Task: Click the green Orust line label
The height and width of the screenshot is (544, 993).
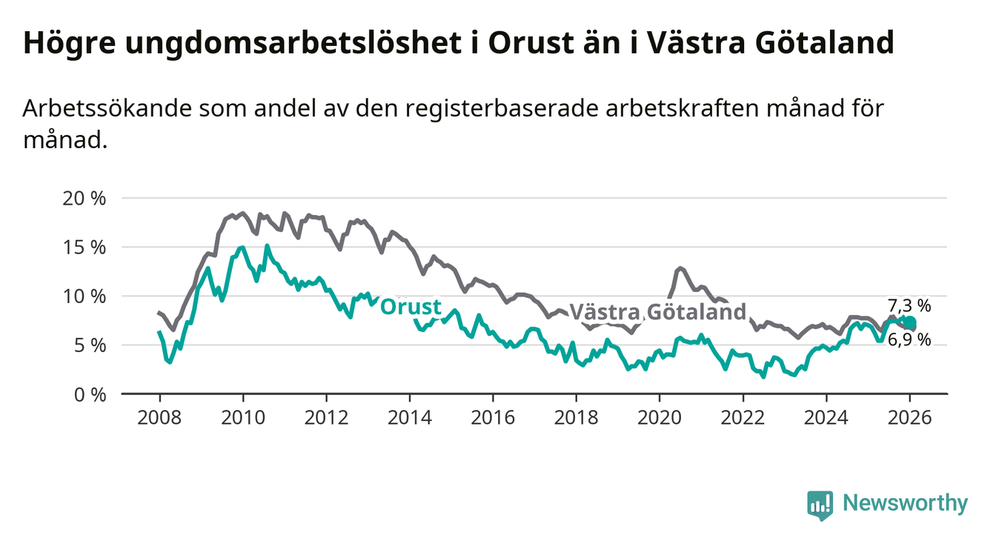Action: [x=411, y=307]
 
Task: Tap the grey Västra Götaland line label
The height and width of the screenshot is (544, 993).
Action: [x=657, y=312]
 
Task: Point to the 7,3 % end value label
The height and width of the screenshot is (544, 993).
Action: [x=909, y=305]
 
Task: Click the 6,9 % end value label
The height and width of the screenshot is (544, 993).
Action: [x=909, y=339]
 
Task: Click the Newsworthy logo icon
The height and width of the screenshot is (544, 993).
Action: [x=820, y=505]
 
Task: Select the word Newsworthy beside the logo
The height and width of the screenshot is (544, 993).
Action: [x=906, y=504]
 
